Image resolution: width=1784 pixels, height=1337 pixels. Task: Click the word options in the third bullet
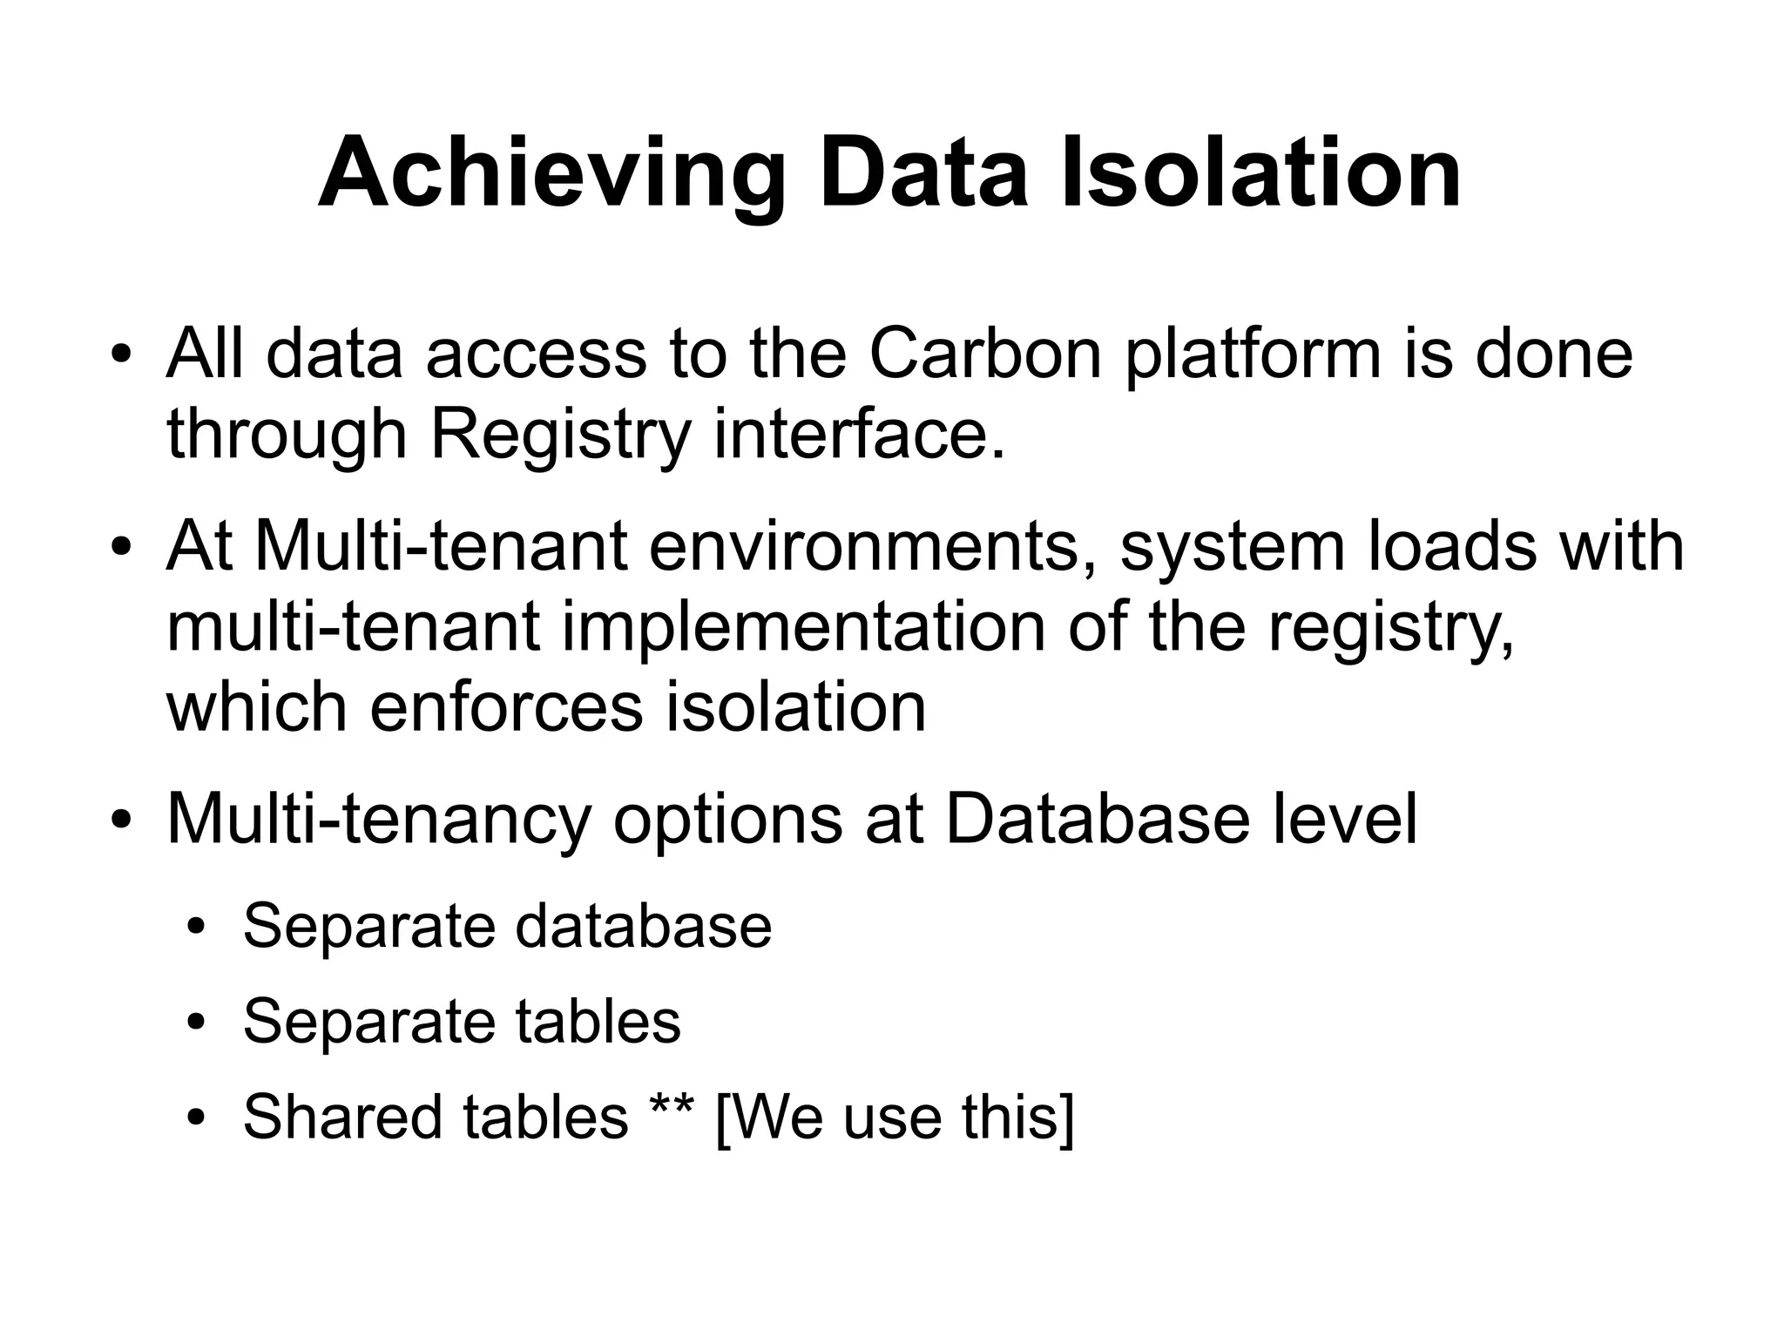(x=727, y=820)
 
